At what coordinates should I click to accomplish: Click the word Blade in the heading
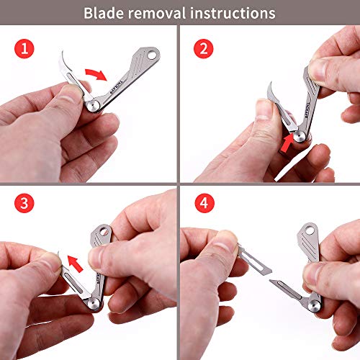click(104, 13)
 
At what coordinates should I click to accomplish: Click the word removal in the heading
click(157, 13)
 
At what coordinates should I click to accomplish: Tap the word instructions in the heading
click(233, 13)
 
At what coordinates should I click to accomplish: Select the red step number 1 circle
click(24, 49)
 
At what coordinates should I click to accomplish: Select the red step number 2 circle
click(204, 49)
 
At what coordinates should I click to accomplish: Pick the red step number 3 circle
click(24, 203)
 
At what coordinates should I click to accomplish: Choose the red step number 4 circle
click(204, 203)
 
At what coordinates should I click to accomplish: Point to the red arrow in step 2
click(288, 143)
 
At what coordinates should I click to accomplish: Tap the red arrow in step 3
click(75, 264)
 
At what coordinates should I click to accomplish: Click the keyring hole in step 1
click(152, 55)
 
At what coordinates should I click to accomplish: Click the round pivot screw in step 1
click(93, 106)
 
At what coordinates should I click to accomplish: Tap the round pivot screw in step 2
click(300, 138)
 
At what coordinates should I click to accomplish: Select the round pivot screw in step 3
click(94, 304)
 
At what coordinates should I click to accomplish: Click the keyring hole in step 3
click(104, 232)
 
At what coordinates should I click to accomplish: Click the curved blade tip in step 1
click(63, 51)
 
